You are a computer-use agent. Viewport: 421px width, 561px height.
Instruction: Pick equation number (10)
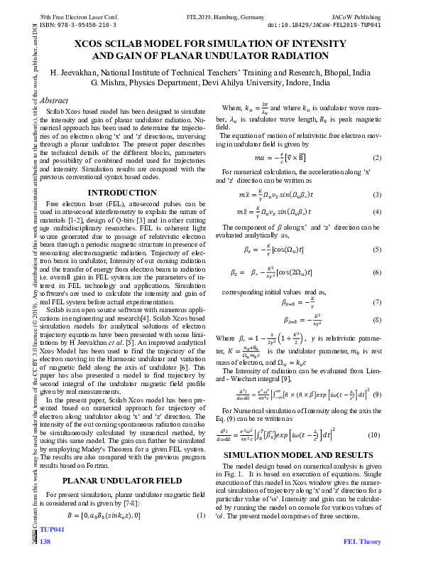coord(376,415)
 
